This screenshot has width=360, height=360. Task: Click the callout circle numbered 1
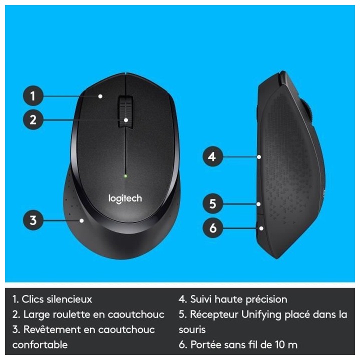coord(33,95)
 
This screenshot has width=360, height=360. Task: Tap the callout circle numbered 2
coord(33,120)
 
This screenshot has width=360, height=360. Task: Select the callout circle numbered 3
coord(33,220)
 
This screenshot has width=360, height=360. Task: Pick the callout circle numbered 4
coord(212,156)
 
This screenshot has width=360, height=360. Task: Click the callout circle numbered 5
coord(212,204)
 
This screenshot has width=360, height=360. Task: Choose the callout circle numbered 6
coord(212,228)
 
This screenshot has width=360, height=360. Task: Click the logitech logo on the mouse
coord(125,198)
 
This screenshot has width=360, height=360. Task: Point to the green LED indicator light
coord(125,176)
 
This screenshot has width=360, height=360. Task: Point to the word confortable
coord(40,344)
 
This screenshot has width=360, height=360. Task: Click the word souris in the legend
coord(192,330)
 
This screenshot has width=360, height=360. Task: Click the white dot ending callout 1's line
coord(100,95)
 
